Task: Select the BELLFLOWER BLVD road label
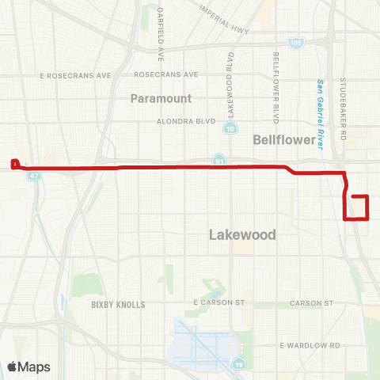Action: pos(276,88)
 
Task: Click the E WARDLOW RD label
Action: pos(310,346)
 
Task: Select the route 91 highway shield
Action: pos(218,161)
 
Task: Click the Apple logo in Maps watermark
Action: pos(12,367)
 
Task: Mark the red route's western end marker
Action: pos(14,165)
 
